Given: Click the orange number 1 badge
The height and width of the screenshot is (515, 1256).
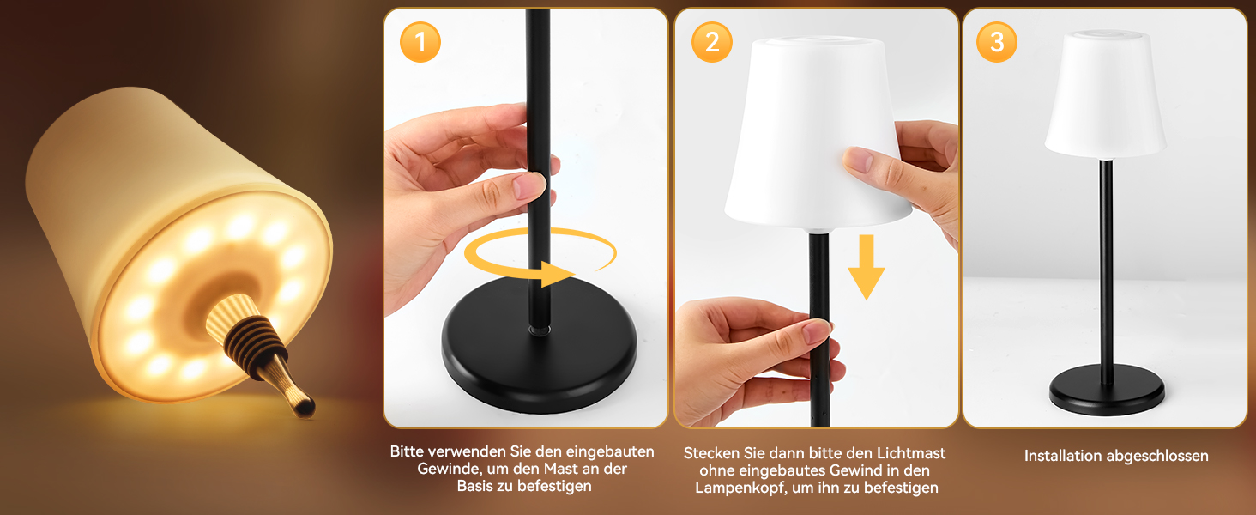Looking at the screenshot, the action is [x=420, y=42].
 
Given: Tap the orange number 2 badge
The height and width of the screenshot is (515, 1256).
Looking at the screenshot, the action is [x=711, y=42].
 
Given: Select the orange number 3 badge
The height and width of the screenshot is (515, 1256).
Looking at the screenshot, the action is [x=996, y=42].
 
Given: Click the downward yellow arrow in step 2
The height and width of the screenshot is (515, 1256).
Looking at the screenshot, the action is [x=867, y=267].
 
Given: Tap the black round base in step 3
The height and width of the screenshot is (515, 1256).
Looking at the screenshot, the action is [x=1106, y=390].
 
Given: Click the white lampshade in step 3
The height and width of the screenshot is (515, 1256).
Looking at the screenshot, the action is [x=1105, y=94].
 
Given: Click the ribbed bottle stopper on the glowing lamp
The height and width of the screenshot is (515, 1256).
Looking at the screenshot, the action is [x=263, y=347].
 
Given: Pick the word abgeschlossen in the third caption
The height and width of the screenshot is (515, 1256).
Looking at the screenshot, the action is [x=1158, y=456].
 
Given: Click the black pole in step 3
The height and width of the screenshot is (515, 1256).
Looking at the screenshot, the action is [x=1106, y=272].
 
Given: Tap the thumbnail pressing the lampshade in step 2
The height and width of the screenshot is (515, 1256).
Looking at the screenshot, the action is [x=858, y=160].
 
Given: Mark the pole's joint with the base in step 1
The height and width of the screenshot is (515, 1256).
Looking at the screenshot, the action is [x=539, y=330].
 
